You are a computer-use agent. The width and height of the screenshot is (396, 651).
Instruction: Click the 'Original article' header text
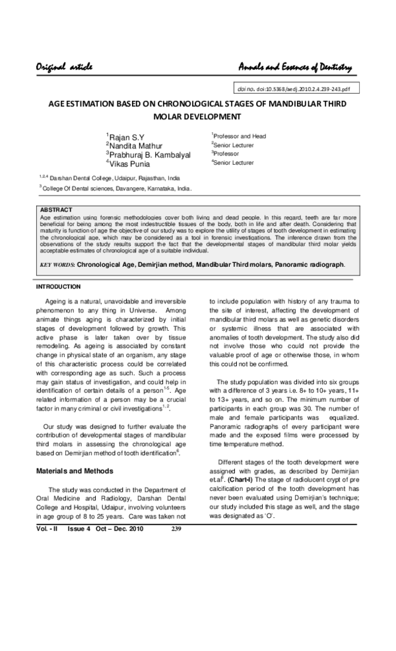pyautogui.click(x=64, y=67)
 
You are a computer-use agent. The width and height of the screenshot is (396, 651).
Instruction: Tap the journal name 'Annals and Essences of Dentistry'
pyautogui.click(x=295, y=67)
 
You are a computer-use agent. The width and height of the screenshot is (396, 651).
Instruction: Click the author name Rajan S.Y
pyautogui.click(x=125, y=137)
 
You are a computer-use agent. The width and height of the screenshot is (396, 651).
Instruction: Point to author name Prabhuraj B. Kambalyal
pyautogui.click(x=149, y=154)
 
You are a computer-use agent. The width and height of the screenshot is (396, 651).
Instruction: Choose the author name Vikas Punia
pyautogui.click(x=131, y=163)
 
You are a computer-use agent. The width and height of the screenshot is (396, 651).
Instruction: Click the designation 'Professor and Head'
pyautogui.click(x=240, y=136)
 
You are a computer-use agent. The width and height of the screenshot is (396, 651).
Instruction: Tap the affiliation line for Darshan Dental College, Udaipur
pyautogui.click(x=112, y=178)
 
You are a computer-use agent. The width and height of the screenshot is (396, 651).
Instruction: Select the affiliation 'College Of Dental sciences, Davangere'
pyautogui.click(x=117, y=188)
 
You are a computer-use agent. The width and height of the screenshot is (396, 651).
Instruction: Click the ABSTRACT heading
pyautogui.click(x=56, y=210)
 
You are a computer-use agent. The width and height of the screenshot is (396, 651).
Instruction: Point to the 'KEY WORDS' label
pyautogui.click(x=57, y=264)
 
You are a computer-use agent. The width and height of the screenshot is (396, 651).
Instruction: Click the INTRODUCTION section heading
pyautogui.click(x=58, y=287)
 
